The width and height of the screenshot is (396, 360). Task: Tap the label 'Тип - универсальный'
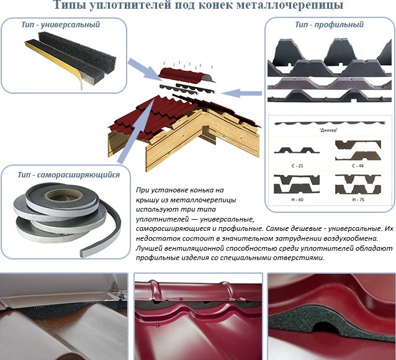(61, 25)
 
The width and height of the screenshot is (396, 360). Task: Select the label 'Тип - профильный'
(330, 25)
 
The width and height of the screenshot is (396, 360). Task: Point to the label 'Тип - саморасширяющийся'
(69, 175)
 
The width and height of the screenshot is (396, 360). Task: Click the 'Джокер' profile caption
(328, 130)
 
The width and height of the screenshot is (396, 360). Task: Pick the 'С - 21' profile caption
(297, 166)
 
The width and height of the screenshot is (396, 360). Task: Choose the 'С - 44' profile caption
(358, 166)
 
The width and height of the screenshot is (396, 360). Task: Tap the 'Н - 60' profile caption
(297, 200)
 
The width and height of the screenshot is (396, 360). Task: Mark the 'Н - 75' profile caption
(358, 200)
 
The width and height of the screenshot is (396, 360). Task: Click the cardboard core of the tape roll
(64, 194)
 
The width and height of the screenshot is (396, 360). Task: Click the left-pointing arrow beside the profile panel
(241, 93)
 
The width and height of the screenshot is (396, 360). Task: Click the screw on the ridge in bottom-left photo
(124, 294)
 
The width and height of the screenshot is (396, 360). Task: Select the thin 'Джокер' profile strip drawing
(330, 124)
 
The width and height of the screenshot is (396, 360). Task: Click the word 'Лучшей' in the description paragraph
(148, 249)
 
